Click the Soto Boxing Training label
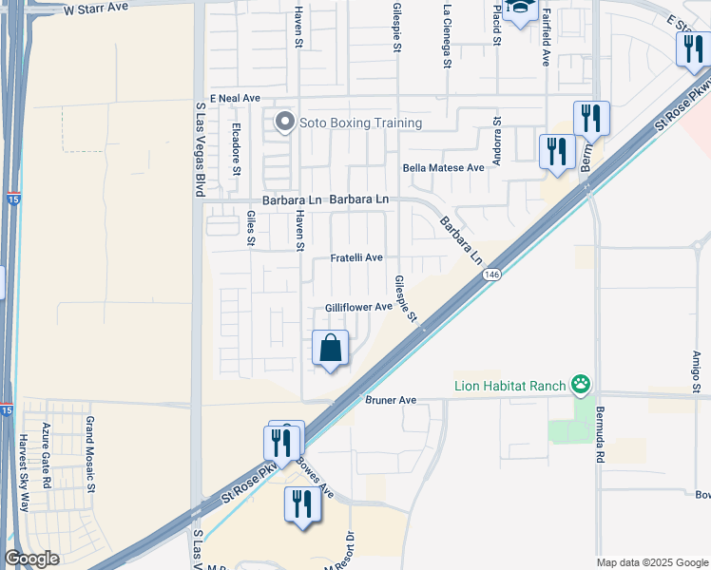click(x=360, y=123)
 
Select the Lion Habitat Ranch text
click(x=509, y=385)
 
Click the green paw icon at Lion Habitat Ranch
click(x=580, y=385)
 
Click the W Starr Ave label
click(x=96, y=9)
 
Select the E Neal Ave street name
click(x=235, y=98)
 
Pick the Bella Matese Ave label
click(x=443, y=167)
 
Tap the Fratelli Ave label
click(x=356, y=257)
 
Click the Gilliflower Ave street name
click(x=358, y=307)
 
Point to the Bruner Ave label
click(x=391, y=400)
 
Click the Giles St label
click(x=251, y=228)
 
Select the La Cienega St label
click(x=447, y=37)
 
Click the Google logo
click(x=31, y=559)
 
